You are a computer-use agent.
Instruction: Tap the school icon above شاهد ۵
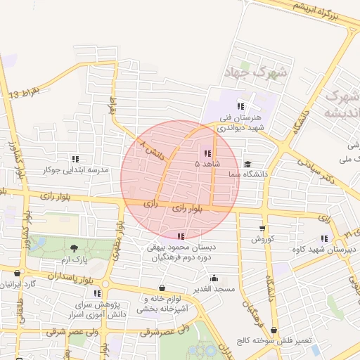tap(207, 153)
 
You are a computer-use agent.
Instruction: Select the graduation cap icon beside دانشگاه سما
tap(247, 165)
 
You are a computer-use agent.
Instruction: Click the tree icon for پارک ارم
tap(74, 249)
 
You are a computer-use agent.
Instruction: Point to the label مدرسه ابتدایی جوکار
tap(75, 170)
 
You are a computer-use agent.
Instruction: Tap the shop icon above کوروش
tap(262, 229)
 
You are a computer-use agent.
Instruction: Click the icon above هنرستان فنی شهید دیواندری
tap(240, 106)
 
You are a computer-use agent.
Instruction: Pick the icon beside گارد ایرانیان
tap(18, 274)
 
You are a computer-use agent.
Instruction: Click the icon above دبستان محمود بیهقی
tap(181, 236)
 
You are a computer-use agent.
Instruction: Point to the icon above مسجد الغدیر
tap(214, 278)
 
